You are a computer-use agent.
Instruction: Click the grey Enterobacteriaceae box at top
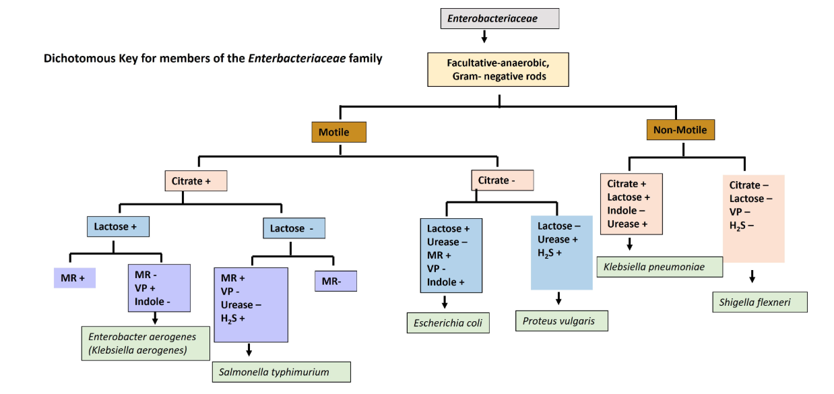(499, 18)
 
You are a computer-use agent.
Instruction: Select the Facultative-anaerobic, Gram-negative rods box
(499, 69)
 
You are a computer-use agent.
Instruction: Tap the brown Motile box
(339, 132)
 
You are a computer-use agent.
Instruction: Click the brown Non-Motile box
(680, 129)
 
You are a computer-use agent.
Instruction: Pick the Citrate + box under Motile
(195, 181)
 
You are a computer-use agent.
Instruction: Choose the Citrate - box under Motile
(502, 180)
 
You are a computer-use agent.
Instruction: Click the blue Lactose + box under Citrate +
(118, 227)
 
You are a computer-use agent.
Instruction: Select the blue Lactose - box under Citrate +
(293, 228)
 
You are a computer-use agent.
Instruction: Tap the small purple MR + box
(74, 277)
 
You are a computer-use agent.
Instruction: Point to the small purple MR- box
(335, 280)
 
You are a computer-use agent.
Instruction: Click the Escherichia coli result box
(448, 323)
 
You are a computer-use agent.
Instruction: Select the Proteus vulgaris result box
(562, 321)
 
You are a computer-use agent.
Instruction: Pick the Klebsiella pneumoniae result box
(660, 267)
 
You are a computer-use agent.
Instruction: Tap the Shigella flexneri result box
(759, 302)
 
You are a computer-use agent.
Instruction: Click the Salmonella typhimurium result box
(281, 372)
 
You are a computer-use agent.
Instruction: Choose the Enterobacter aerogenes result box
(146, 343)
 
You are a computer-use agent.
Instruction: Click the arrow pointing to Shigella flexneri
(752, 277)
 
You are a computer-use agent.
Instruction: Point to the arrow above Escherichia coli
(445, 302)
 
